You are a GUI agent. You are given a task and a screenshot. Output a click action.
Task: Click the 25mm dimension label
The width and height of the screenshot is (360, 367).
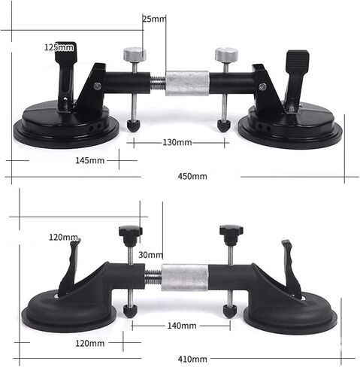(154, 19)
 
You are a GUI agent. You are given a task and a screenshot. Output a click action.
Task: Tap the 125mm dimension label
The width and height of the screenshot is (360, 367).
(59, 47)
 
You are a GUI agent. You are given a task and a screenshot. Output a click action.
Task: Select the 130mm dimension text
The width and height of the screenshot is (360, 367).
(177, 142)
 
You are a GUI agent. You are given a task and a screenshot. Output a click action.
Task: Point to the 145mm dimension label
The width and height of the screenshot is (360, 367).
(90, 160)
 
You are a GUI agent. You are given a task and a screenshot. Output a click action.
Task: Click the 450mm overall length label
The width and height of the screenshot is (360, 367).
(192, 176)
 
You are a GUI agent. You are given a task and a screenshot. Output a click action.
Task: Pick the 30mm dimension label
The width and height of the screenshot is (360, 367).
(150, 255)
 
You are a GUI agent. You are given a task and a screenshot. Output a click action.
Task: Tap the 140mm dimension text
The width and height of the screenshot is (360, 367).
(182, 326)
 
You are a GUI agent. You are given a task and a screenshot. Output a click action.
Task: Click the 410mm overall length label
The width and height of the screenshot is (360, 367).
(192, 359)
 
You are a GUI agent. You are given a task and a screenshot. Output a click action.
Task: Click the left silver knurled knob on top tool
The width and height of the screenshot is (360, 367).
(135, 54)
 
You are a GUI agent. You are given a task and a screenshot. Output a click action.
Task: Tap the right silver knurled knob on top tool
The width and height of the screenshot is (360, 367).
(226, 54)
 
